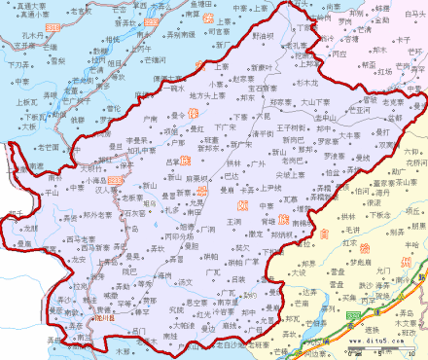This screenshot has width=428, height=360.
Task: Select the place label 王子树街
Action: (x=292, y=127)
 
